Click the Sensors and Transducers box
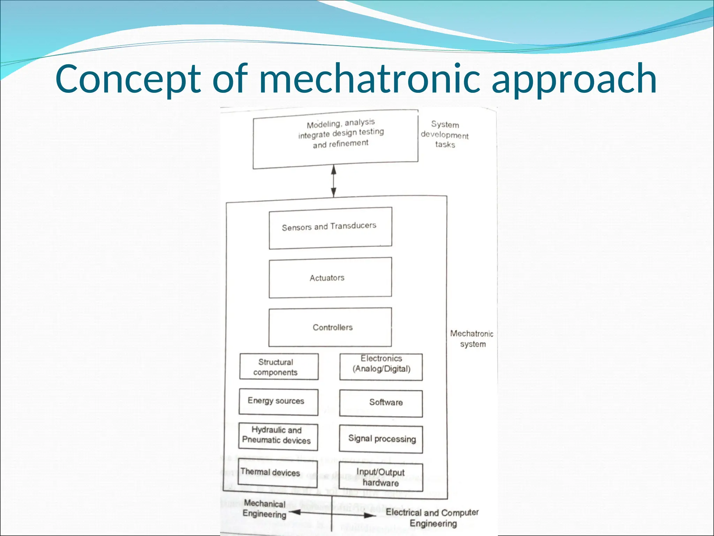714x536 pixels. tap(330, 228)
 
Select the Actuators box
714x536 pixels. tap(330, 278)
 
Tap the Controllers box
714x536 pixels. tap(330, 327)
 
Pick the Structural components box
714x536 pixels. tap(279, 367)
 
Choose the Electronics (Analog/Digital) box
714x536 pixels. tap(381, 367)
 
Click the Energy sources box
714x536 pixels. tap(279, 402)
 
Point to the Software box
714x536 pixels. tap(381, 403)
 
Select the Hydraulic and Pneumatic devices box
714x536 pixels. tap(278, 437)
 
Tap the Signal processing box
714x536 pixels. tap(381, 439)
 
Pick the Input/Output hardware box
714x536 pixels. tap(381, 477)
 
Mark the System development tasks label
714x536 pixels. tap(445, 134)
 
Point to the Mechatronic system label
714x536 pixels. tap(472, 338)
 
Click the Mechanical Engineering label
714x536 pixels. tap(265, 508)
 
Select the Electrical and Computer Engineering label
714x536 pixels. tap(432, 518)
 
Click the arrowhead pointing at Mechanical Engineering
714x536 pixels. tap(295, 512)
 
